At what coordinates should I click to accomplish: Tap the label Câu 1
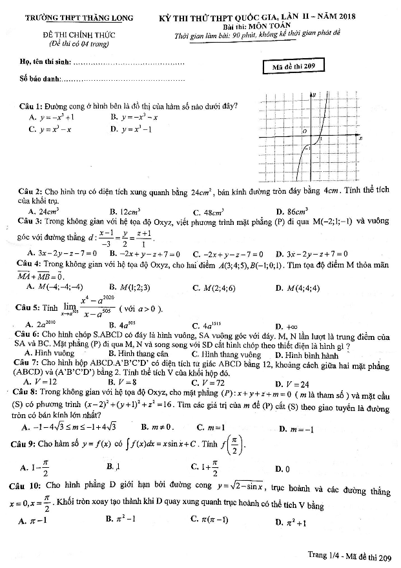click(x=29, y=105)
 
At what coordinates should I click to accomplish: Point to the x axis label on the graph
click(x=360, y=138)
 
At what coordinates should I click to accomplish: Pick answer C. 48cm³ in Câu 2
click(x=208, y=211)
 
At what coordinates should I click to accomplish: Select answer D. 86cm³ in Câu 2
click(x=292, y=211)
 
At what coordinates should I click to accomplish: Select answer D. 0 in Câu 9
click(x=282, y=468)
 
